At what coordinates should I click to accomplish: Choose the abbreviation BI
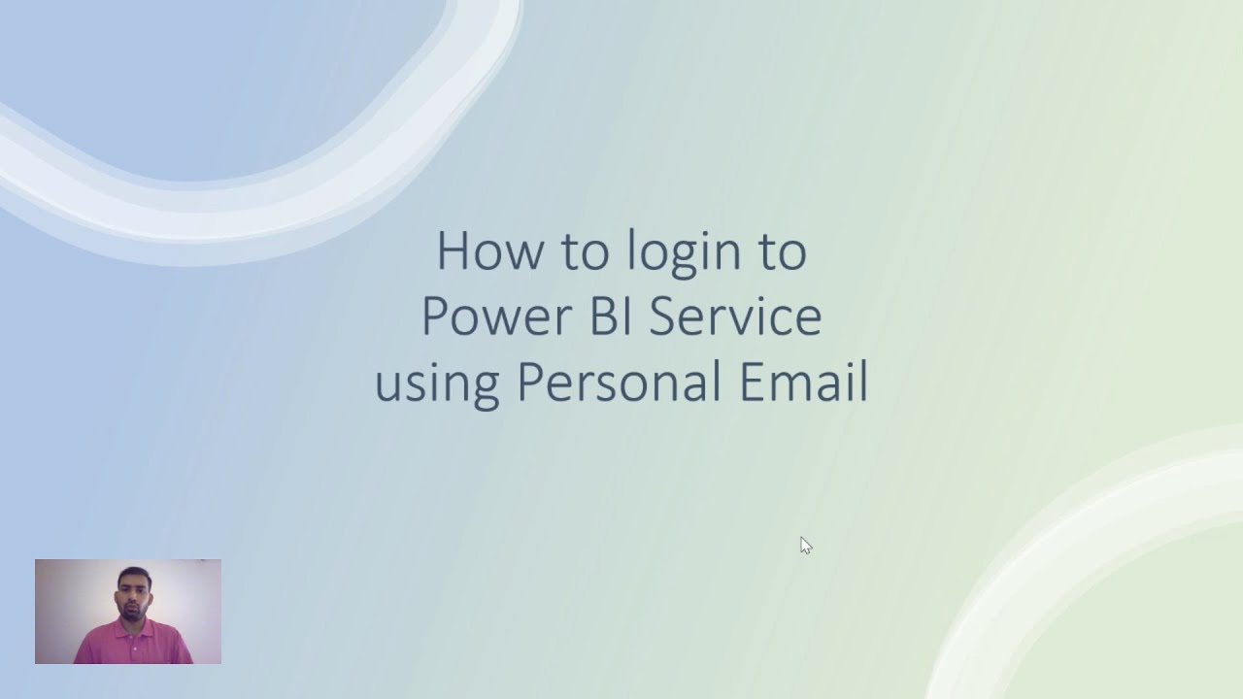[602, 316]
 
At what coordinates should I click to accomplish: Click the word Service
[735, 316]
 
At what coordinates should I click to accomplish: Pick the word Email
[803, 382]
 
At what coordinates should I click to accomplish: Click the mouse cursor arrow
[805, 545]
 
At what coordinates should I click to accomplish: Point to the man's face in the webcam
[132, 594]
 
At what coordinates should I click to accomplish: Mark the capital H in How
[454, 251]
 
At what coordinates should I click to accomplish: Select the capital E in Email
[753, 382]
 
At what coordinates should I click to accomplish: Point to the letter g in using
[485, 388]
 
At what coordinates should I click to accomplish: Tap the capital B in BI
[594, 316]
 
